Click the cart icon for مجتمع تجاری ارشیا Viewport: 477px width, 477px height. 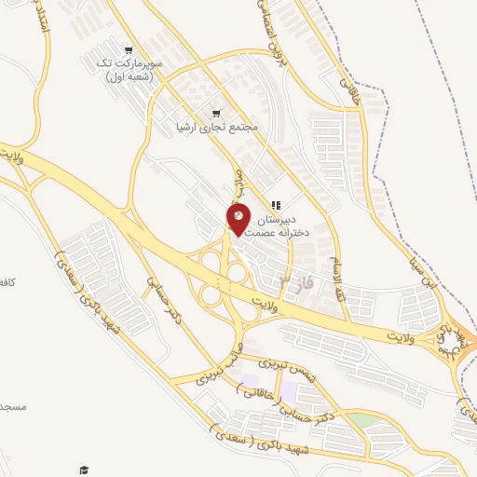(217, 110)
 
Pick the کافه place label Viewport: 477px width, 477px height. (7, 280)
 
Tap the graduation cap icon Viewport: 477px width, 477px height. (83, 469)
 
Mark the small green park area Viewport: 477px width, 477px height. (366, 421)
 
